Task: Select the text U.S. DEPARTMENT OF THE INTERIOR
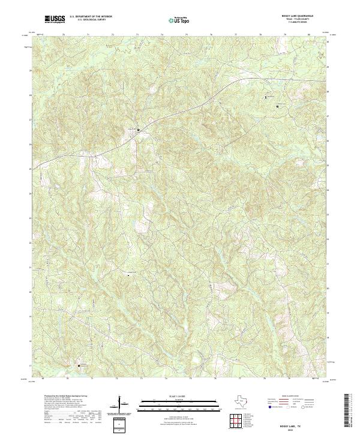(91, 17)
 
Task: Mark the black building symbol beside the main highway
(138, 129)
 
